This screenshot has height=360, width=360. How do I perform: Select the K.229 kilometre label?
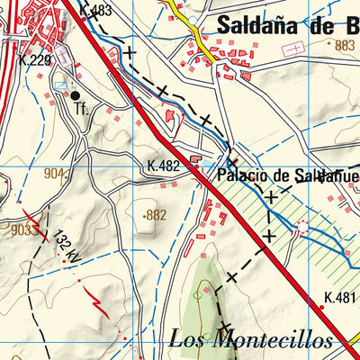34,60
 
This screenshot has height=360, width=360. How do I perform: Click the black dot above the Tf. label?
76,94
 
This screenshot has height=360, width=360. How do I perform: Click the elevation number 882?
157,215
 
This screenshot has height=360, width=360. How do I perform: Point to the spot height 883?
344,44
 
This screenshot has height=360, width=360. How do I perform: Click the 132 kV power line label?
63,245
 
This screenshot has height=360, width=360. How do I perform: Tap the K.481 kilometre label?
341,298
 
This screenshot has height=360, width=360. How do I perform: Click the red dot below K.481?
322,308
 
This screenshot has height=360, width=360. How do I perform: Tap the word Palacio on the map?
238,176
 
